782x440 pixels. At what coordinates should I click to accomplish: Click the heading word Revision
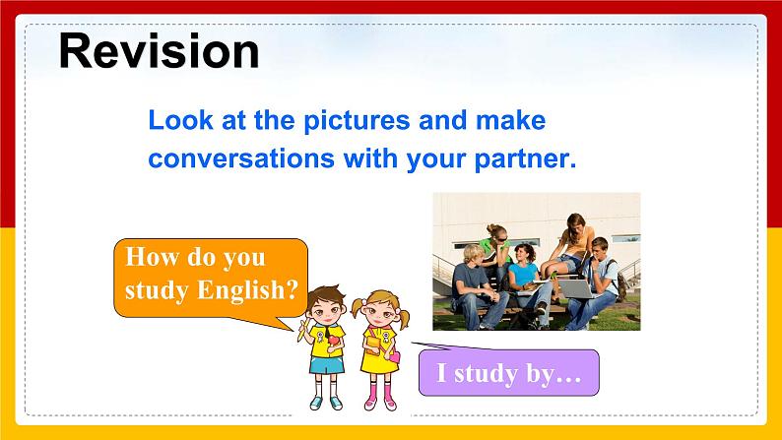[x=159, y=50]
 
